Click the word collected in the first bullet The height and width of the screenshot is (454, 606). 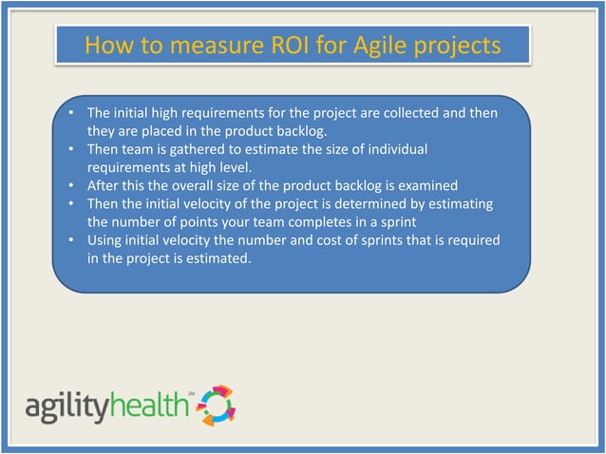[x=407, y=113]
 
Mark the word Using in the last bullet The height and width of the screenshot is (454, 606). [x=105, y=239]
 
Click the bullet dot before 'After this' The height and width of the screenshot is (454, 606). [x=72, y=185]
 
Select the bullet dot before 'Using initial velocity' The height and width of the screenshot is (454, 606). [x=72, y=239]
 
